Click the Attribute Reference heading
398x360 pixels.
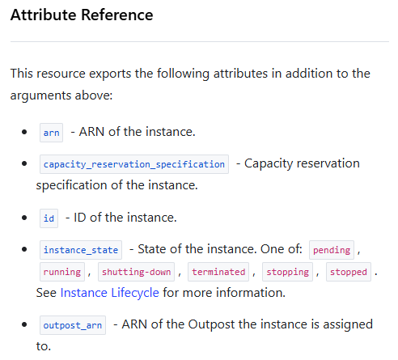tap(82, 15)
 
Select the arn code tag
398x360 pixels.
tap(51, 133)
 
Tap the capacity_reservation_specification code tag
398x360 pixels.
tap(134, 164)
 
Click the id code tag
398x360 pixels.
tap(49, 218)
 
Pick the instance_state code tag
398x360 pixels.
tap(81, 250)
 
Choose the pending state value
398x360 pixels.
tap(332, 250)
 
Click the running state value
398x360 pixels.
tap(62, 272)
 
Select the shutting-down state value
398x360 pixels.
tap(136, 272)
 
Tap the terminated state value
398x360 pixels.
tap(218, 272)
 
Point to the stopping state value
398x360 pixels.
tap(287, 272)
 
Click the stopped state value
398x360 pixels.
tap(349, 272)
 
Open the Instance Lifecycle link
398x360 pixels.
tap(109, 293)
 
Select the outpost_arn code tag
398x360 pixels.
tap(73, 325)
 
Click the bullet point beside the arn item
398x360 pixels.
tap(24, 132)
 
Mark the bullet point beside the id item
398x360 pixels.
tap(24, 218)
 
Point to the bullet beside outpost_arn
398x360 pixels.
tap(24, 324)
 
